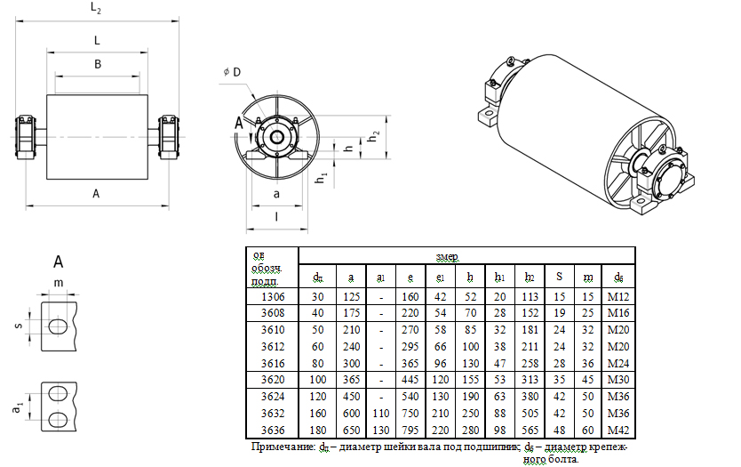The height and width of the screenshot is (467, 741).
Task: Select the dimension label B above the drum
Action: tap(97, 64)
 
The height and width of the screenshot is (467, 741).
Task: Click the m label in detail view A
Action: tap(59, 283)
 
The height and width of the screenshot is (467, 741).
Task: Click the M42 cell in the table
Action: tap(618, 431)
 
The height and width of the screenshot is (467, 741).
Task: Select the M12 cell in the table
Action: tap(618, 296)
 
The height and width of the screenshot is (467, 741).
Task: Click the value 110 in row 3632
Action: tap(380, 415)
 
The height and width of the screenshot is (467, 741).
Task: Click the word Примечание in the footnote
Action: tap(283, 446)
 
